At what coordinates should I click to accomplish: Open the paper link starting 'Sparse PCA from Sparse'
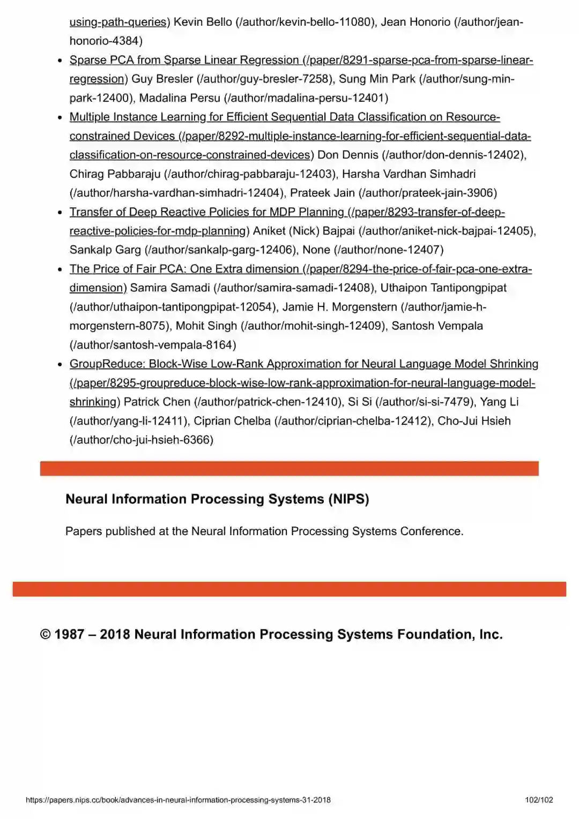[x=184, y=60]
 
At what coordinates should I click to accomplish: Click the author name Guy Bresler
[x=162, y=79]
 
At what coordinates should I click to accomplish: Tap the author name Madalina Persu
[x=180, y=98]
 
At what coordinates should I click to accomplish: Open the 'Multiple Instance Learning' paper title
[x=284, y=117]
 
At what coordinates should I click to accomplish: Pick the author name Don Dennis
[x=348, y=155]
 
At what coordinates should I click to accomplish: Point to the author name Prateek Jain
[x=322, y=193]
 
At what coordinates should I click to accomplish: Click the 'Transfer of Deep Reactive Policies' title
[x=206, y=212]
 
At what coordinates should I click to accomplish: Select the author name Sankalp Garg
[x=105, y=250]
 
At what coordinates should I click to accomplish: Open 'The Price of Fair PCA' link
[x=184, y=269]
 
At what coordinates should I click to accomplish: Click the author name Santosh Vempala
[x=437, y=326]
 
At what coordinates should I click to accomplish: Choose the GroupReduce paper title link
[x=303, y=364]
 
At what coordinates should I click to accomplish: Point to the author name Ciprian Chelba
[x=232, y=421]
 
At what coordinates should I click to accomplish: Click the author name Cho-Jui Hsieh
[x=474, y=421]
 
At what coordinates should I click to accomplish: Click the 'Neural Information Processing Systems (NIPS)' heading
[x=217, y=499]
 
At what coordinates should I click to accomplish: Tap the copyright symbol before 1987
[x=46, y=635]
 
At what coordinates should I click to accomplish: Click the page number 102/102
[x=539, y=800]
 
